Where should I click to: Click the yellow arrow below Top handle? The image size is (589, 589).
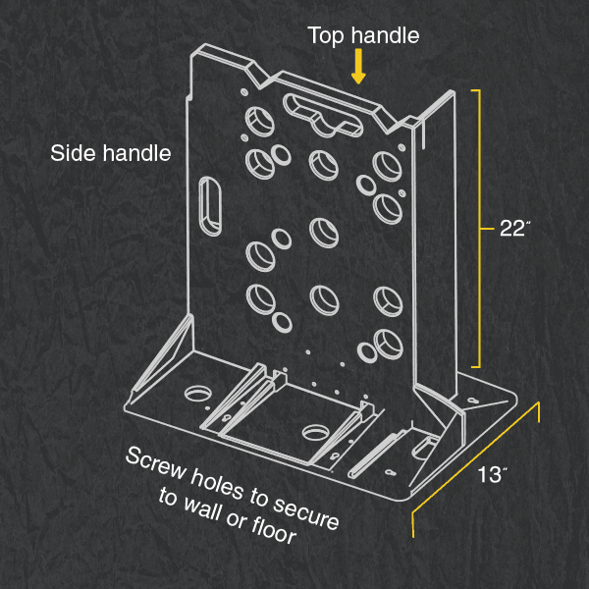point(360,67)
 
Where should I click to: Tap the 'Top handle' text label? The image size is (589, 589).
point(363,36)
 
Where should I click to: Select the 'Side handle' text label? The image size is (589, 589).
point(111,153)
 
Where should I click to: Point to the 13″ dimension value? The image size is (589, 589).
point(494,476)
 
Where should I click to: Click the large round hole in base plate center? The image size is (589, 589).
point(317,433)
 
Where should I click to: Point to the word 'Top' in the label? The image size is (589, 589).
point(326,36)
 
